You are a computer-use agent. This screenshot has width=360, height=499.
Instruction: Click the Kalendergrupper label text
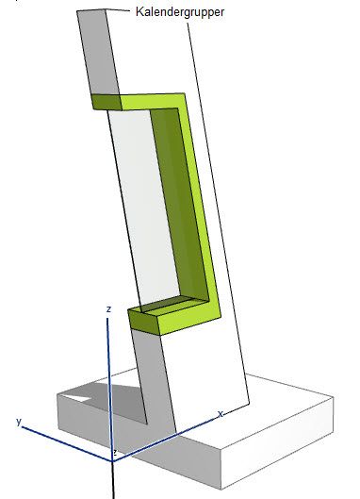(180, 12)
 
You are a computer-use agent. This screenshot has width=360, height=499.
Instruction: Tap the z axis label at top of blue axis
(108, 309)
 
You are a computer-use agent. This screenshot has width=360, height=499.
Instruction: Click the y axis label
(19, 422)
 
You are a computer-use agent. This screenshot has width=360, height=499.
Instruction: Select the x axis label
(221, 414)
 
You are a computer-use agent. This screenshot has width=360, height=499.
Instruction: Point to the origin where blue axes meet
(112, 460)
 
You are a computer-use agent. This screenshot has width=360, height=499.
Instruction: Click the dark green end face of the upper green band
(106, 102)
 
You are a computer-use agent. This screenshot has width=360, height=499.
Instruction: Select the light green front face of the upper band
(152, 102)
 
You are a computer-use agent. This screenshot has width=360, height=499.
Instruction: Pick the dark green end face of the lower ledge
(143, 322)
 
